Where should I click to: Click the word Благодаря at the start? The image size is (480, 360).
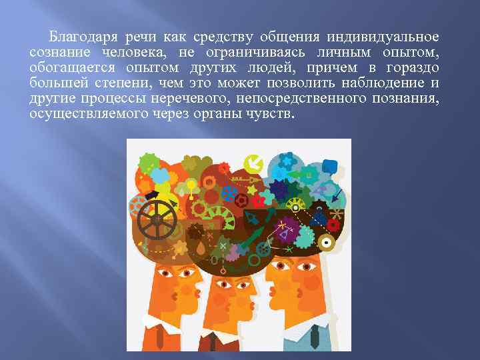[77, 35]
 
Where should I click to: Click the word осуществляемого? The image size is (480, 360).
[87, 113]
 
